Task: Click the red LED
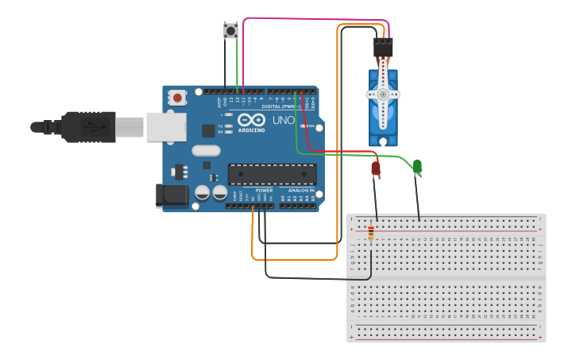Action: [x=376, y=168]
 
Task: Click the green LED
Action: [x=417, y=166]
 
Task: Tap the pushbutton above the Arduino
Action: [x=230, y=31]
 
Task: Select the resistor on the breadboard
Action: [x=370, y=234]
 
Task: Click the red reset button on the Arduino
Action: [x=178, y=98]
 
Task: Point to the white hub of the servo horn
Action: [x=383, y=94]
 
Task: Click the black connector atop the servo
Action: [x=383, y=48]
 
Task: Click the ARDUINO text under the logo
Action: [x=251, y=130]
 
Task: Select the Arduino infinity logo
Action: [x=251, y=120]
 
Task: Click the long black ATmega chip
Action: [x=272, y=174]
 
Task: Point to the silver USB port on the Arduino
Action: [x=165, y=126]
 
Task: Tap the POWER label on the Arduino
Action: [x=264, y=191]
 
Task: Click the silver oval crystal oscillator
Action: [x=206, y=151]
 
